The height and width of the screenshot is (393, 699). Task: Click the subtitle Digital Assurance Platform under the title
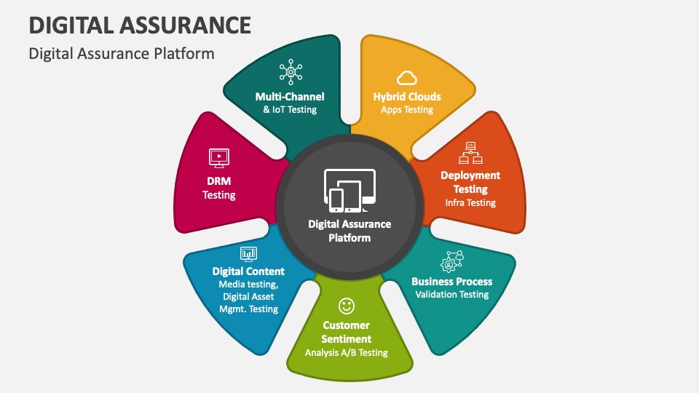pos(122,53)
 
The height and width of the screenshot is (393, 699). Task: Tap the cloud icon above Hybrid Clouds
pos(407,77)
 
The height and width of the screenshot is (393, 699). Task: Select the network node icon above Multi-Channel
pos(290,73)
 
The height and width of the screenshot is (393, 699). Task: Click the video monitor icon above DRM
pos(219,156)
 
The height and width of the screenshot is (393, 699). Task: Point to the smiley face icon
pos(347,305)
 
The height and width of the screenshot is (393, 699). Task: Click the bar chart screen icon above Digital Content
pos(248,253)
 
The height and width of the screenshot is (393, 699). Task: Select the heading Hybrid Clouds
pos(407,96)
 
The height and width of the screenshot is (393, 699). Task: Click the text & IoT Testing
pos(290,110)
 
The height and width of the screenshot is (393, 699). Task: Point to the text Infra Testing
pos(470,203)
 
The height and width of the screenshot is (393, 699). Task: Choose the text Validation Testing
pos(451,295)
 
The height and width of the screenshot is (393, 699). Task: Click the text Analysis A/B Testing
pos(347,353)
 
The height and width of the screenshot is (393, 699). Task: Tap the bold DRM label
pos(219,180)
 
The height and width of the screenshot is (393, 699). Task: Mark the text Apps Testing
pos(407,110)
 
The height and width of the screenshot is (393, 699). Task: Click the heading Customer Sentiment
pos(347,332)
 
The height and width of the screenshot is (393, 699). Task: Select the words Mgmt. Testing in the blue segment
pos(248,309)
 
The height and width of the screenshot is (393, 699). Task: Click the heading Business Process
pos(451,281)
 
